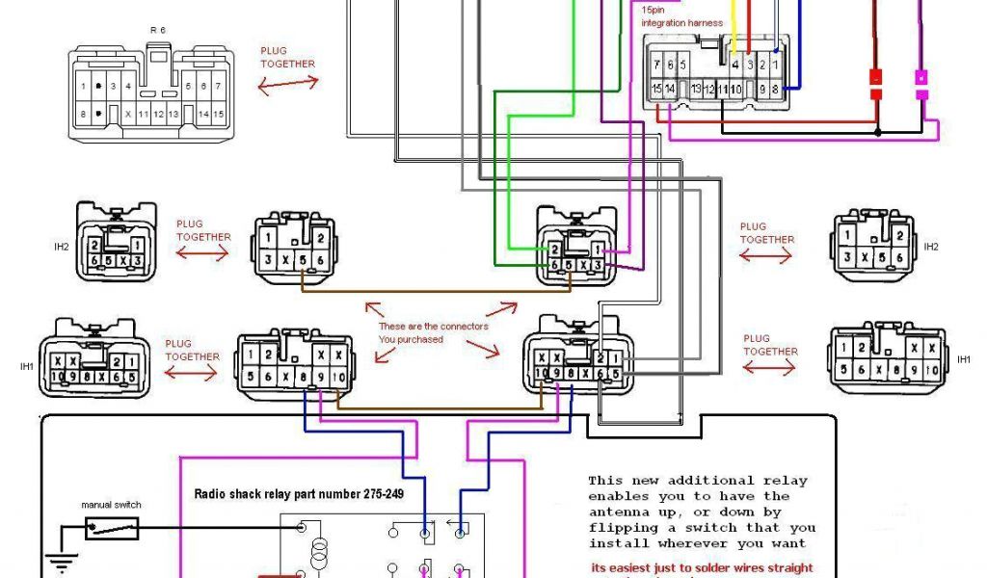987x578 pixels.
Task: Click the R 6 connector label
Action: tap(156, 31)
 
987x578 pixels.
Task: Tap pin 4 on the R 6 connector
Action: tap(128, 87)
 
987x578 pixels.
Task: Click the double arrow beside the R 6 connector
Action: tap(287, 83)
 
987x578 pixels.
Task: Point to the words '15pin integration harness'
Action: tap(681, 16)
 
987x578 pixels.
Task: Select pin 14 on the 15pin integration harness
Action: tap(670, 89)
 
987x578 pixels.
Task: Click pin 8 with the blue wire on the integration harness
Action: tap(774, 89)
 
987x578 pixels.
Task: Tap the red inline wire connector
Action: tap(877, 84)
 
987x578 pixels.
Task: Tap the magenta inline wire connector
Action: tap(921, 84)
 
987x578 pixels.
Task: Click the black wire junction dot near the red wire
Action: tap(877, 131)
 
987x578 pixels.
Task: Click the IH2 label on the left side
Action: tap(62, 247)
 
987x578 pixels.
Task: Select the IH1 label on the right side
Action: tap(964, 359)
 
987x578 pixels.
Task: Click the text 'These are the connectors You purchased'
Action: tap(433, 332)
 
